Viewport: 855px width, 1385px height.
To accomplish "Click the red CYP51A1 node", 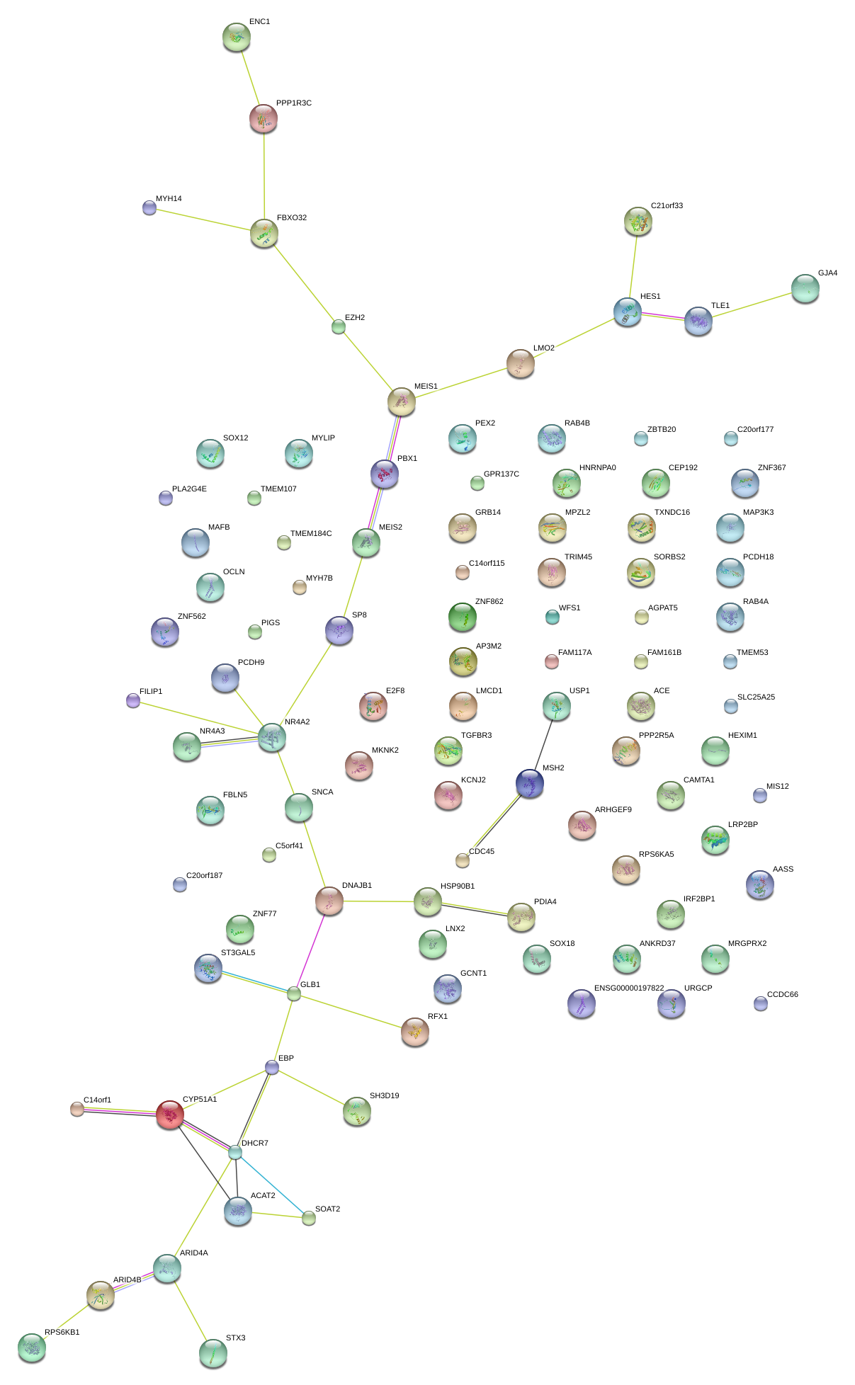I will point(170,1115).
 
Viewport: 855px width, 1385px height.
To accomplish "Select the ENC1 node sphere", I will point(237,37).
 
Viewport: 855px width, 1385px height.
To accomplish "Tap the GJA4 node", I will point(805,288).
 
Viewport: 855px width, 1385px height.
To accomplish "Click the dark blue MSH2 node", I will point(530,783).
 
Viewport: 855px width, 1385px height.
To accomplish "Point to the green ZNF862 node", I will point(463,617).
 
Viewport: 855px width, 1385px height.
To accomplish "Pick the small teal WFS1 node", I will point(553,617).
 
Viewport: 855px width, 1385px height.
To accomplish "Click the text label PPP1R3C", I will point(293,103).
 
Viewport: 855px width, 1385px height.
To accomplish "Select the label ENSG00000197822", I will point(629,988).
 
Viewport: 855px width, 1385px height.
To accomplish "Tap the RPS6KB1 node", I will point(32,1347).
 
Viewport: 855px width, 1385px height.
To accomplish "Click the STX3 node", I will point(213,1353).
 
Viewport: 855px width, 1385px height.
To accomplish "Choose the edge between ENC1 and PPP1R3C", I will point(250,78).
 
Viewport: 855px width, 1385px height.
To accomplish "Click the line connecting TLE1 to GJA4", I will point(751,305).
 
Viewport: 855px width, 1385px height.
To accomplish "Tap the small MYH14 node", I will point(149,207).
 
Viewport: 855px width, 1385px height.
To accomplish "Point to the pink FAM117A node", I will point(552,661).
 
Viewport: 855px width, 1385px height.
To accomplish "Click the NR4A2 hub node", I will point(272,738).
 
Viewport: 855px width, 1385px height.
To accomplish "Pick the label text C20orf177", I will point(755,430).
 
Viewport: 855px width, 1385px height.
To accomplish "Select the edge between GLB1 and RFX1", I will point(354,1011).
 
